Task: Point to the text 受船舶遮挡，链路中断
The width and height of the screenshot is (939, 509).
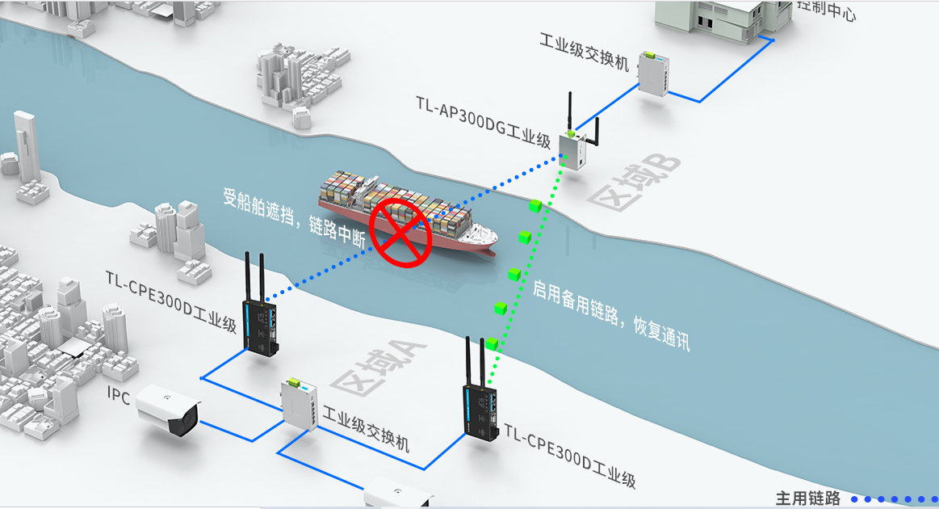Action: tap(296, 214)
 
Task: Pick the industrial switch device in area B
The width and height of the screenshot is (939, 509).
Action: tap(653, 73)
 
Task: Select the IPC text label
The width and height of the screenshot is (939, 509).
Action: tap(119, 393)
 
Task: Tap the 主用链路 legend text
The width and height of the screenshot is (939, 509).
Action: tap(807, 498)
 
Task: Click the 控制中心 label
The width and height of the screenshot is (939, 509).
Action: tap(826, 10)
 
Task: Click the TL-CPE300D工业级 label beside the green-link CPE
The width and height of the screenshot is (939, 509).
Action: tap(570, 456)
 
